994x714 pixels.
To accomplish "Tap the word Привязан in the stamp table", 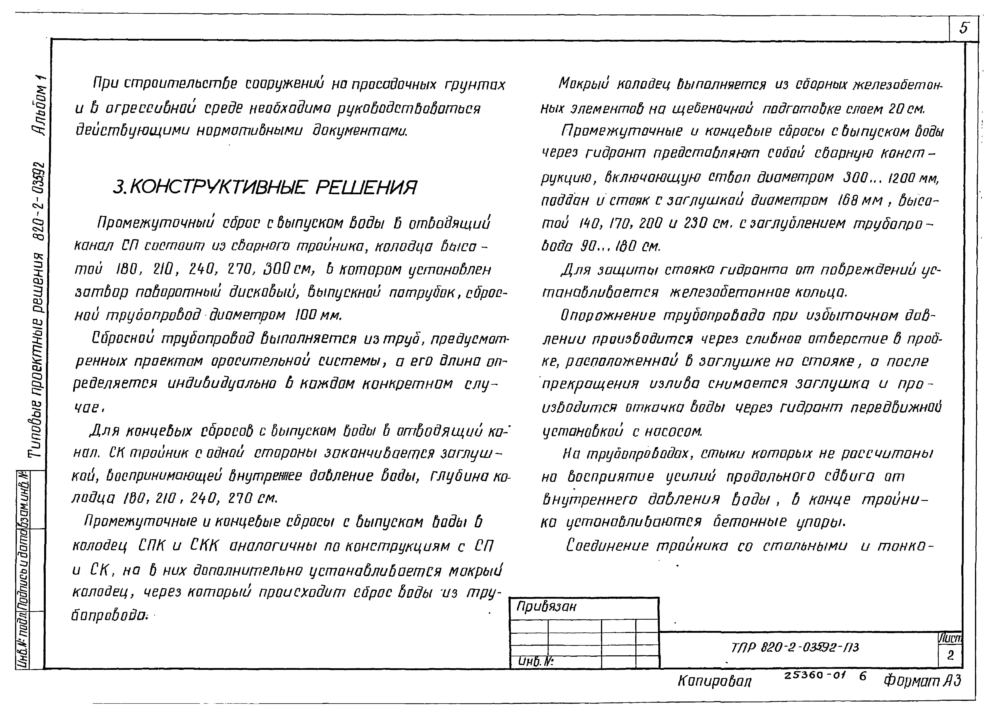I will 546,607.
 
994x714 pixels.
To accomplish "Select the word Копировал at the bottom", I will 714,681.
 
